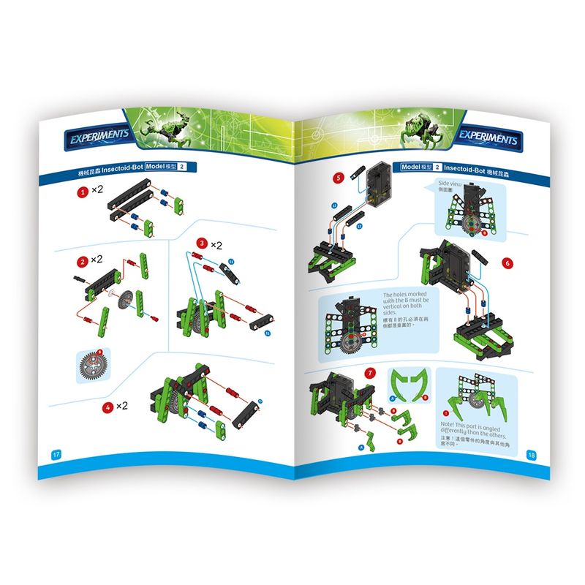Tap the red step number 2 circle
[x=85, y=261]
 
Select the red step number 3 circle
[x=201, y=243]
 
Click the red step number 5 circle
[x=337, y=178]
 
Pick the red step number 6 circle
[x=507, y=263]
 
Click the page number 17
[x=54, y=454]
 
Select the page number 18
[x=531, y=454]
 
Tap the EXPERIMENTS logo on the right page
[x=488, y=139]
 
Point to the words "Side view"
[x=448, y=183]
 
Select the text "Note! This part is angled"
[x=474, y=429]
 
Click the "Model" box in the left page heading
[x=161, y=168]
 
